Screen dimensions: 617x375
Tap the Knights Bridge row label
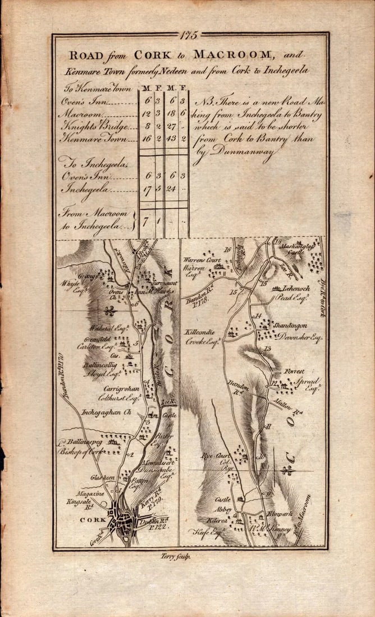pyautogui.click(x=90, y=126)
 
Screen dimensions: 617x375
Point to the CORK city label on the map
pyautogui.click(x=90, y=519)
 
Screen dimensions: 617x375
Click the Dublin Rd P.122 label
pyautogui.click(x=157, y=524)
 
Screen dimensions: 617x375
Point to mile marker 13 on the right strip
pyautogui.click(x=267, y=349)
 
